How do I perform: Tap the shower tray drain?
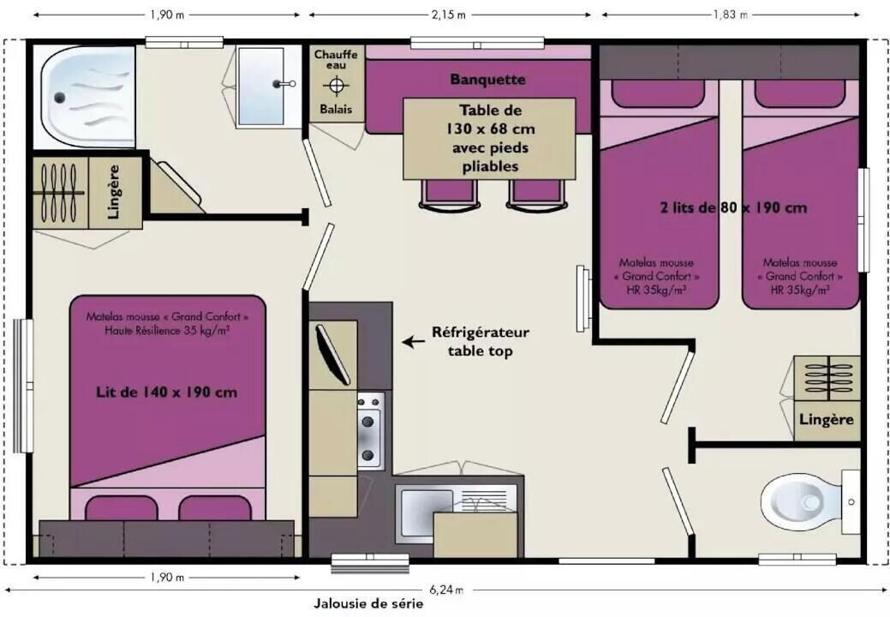pyautogui.click(x=60, y=99)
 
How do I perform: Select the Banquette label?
pyautogui.click(x=487, y=80)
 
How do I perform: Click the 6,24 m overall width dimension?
pyautogui.click(x=446, y=590)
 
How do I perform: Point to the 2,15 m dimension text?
pyautogui.click(x=448, y=15)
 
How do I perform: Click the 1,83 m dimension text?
pyautogui.click(x=731, y=15)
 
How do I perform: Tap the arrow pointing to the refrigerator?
pyautogui.click(x=413, y=342)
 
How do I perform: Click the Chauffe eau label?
pyautogui.click(x=336, y=60)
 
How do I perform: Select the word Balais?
pyautogui.click(x=336, y=109)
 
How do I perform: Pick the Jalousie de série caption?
pyautogui.click(x=368, y=604)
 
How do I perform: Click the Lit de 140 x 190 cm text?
pyautogui.click(x=166, y=392)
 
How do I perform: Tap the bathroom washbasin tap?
pyautogui.click(x=283, y=84)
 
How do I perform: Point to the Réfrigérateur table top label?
pyautogui.click(x=481, y=342)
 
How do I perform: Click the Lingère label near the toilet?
pyautogui.click(x=827, y=420)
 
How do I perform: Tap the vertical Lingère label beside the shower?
pyautogui.click(x=114, y=192)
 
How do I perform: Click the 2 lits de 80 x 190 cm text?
pyautogui.click(x=732, y=207)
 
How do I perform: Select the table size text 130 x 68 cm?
pyautogui.click(x=491, y=129)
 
